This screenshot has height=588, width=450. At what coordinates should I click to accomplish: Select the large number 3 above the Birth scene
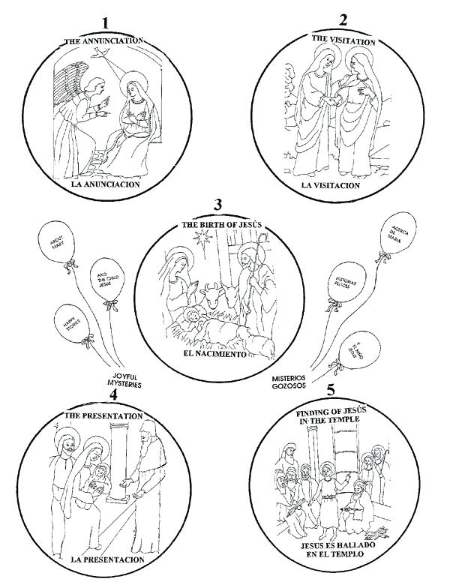point(218,204)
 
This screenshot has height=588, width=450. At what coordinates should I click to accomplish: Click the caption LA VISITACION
point(331,184)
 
